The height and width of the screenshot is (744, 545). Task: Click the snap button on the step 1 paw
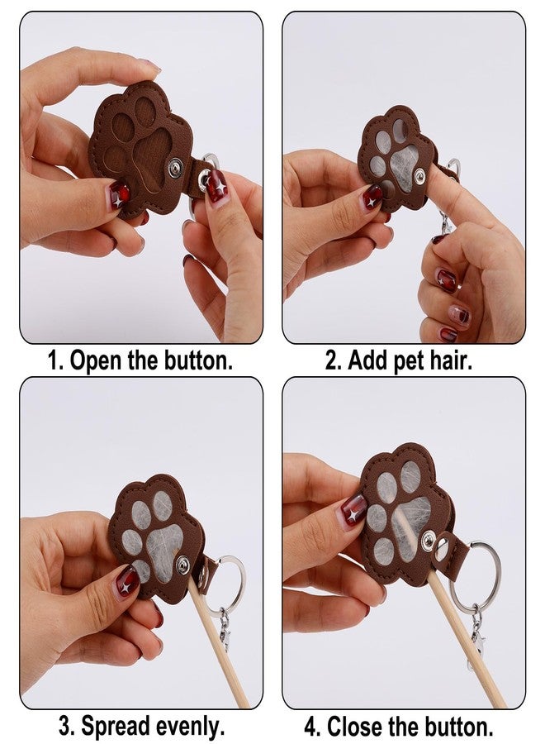coord(176,169)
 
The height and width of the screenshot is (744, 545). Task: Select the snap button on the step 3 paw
coord(183,564)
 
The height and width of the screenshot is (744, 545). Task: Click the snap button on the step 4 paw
coord(429,540)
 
